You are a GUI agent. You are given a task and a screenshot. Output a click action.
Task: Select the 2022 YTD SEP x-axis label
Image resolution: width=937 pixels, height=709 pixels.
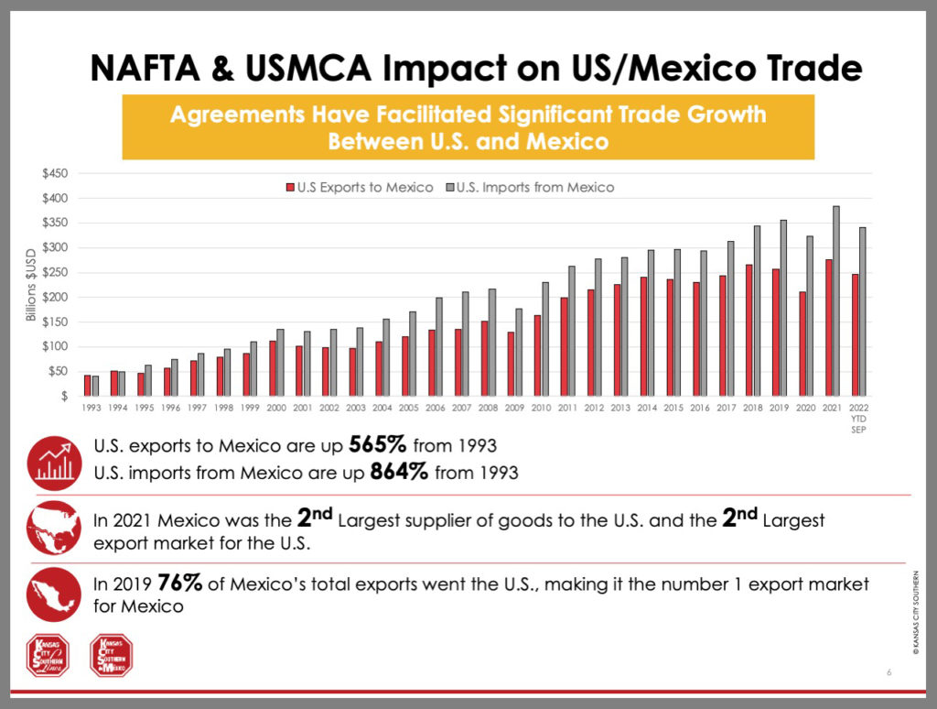(859, 415)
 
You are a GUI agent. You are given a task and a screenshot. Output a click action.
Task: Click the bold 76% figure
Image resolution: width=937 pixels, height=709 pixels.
(177, 583)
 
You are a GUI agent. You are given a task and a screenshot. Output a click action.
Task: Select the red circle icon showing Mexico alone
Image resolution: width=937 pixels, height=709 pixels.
(56, 593)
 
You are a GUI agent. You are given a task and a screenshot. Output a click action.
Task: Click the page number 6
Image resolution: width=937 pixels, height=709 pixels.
(889, 673)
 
